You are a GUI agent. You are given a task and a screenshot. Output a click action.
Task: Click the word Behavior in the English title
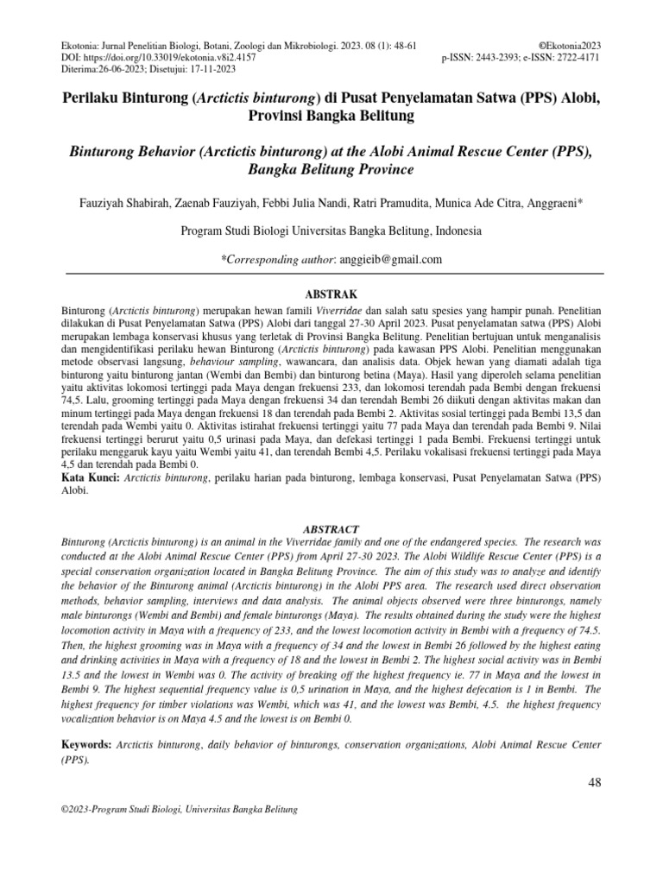pos(160,151)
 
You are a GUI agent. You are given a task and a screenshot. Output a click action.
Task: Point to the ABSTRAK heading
pos(331,294)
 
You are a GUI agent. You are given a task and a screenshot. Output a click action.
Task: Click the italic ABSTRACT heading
pos(331,527)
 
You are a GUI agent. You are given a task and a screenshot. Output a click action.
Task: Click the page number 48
pos(593,782)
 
